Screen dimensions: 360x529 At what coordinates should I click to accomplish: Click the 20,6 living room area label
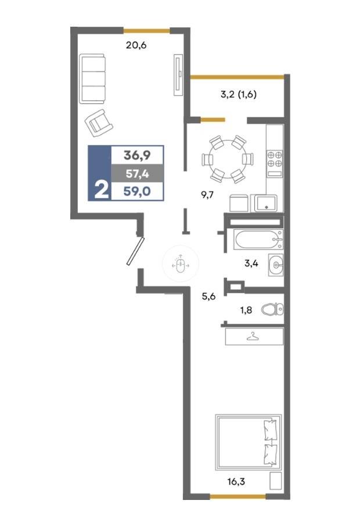pos(136,45)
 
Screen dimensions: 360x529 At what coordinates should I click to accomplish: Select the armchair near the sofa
pos(99,123)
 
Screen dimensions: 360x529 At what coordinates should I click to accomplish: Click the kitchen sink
pos(266,203)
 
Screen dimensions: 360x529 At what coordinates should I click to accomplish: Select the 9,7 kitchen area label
pos(207,195)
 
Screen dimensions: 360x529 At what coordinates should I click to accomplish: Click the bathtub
pos(258,239)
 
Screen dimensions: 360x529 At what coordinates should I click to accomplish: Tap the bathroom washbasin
pos(276,265)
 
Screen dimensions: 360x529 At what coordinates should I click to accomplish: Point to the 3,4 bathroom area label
pos(251,263)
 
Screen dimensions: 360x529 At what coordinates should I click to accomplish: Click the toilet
pos(273,309)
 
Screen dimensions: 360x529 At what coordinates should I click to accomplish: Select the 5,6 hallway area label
pos(208,297)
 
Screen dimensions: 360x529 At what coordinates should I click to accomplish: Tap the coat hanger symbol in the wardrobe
pos(251,336)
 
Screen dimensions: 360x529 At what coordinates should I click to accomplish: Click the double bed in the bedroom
pos(249,442)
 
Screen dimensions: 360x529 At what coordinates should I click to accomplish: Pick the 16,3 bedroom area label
pos(236,481)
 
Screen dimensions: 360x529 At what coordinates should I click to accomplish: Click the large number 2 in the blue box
pos(101,190)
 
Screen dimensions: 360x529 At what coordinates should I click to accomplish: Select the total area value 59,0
pos(137,191)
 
